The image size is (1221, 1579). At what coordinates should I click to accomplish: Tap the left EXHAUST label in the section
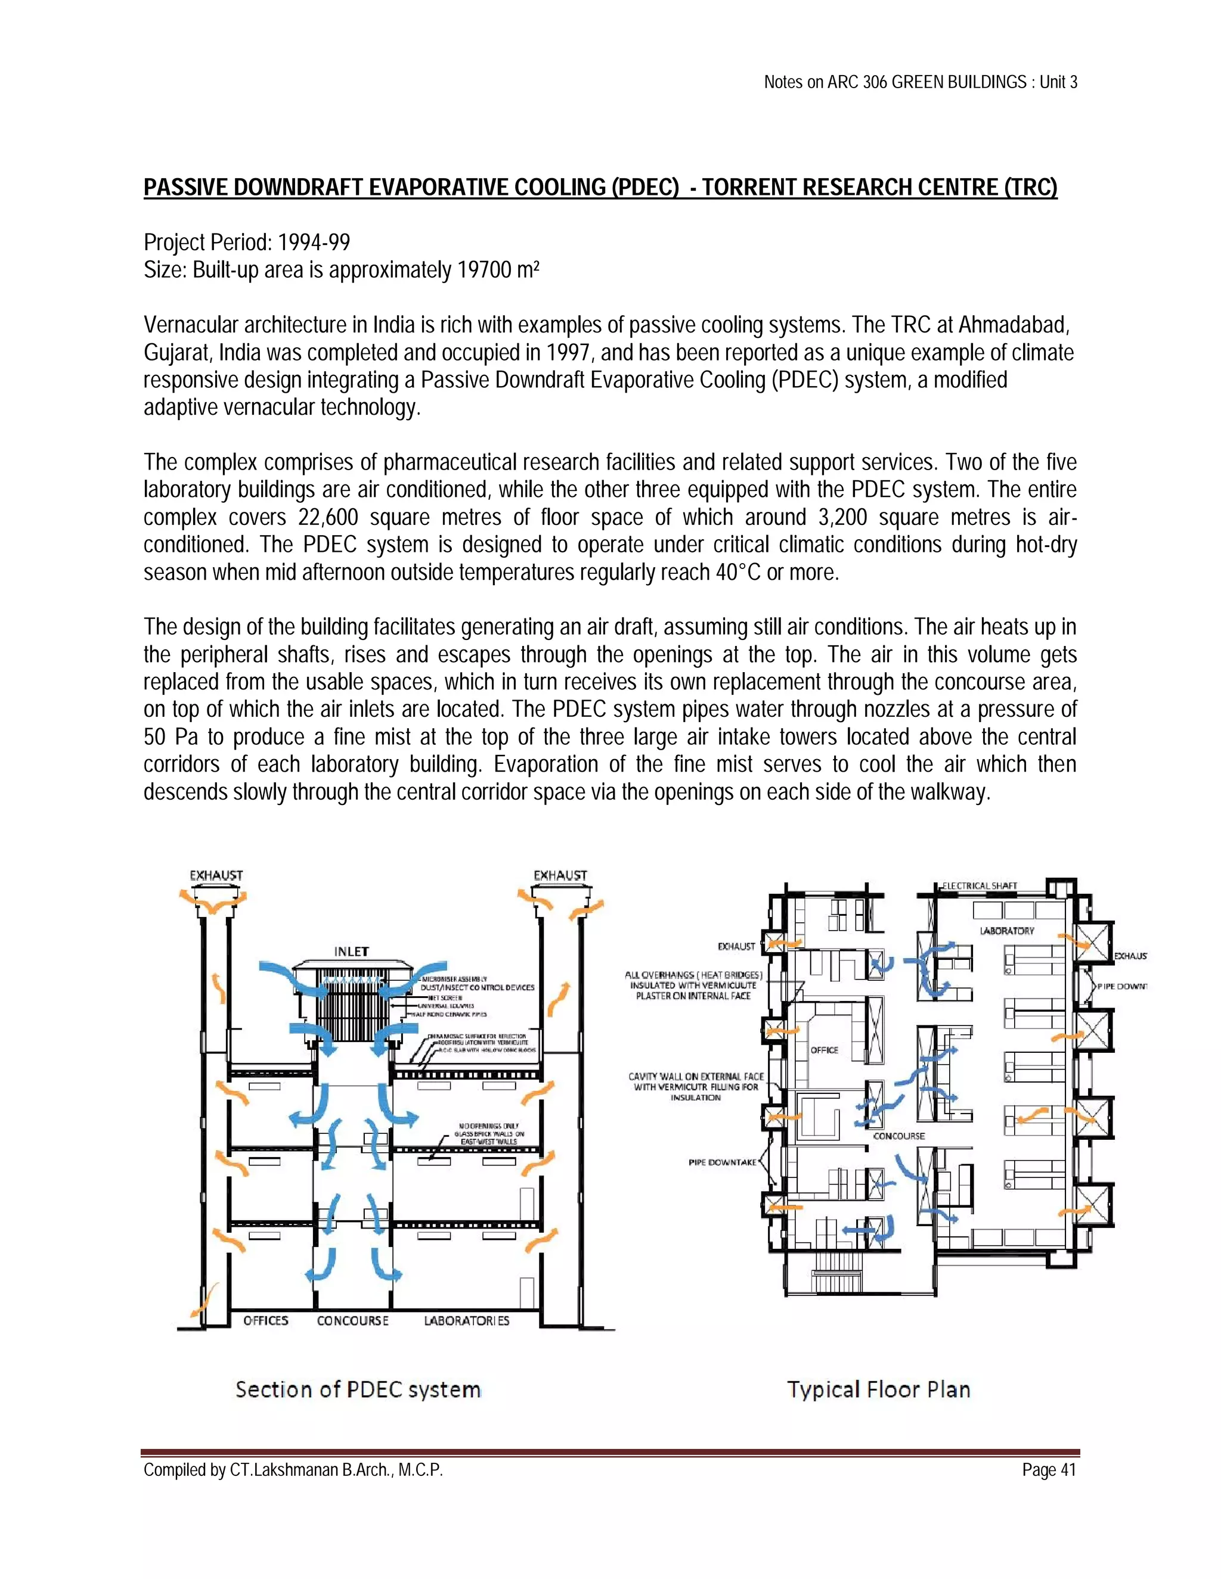[x=216, y=875]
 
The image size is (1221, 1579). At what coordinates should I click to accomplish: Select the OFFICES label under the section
[x=265, y=1320]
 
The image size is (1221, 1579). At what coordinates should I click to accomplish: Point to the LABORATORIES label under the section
[x=467, y=1320]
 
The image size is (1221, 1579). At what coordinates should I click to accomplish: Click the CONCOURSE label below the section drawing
[x=353, y=1320]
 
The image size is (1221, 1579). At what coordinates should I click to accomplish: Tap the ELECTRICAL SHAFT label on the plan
[x=980, y=885]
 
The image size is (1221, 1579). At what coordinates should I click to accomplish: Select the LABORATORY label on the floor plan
[x=1007, y=931]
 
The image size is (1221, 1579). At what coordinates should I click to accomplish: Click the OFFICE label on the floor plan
[x=824, y=1050]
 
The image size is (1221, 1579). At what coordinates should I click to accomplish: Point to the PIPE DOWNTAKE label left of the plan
[x=721, y=1162]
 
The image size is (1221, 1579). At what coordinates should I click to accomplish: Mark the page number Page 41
[x=1049, y=1470]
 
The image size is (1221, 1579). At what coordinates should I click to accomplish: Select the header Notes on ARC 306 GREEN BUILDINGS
[x=895, y=82]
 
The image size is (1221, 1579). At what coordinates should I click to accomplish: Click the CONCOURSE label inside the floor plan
[x=898, y=1136]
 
